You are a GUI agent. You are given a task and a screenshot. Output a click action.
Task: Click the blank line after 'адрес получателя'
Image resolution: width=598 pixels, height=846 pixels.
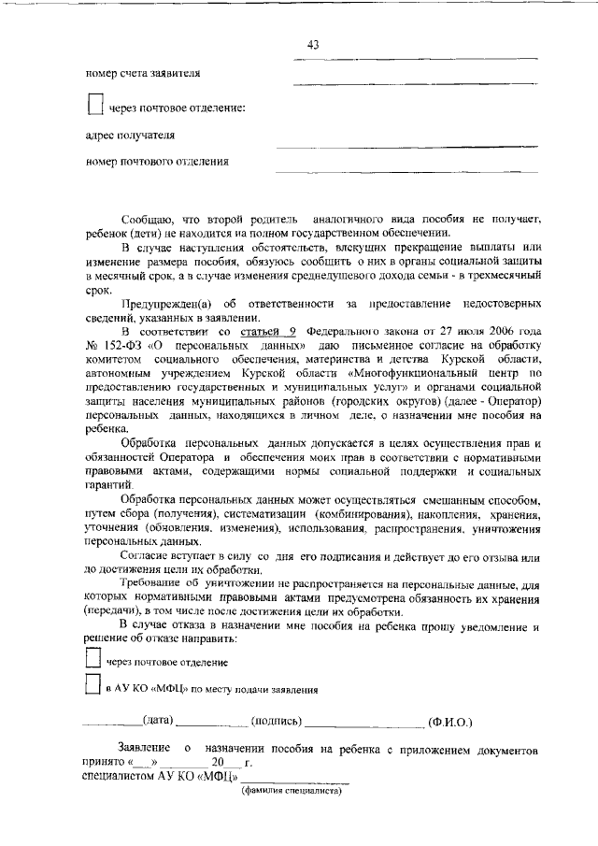click(x=406, y=147)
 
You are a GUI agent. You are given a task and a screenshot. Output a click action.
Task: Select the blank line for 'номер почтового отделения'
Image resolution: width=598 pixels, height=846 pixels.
click(x=406, y=173)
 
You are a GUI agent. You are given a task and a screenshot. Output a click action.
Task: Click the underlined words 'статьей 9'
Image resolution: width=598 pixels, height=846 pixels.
click(x=268, y=332)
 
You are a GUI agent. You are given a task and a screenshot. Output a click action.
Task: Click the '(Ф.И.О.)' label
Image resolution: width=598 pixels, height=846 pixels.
click(x=450, y=722)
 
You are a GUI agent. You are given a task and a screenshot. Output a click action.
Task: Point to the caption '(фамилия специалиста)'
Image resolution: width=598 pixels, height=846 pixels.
click(x=292, y=790)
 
